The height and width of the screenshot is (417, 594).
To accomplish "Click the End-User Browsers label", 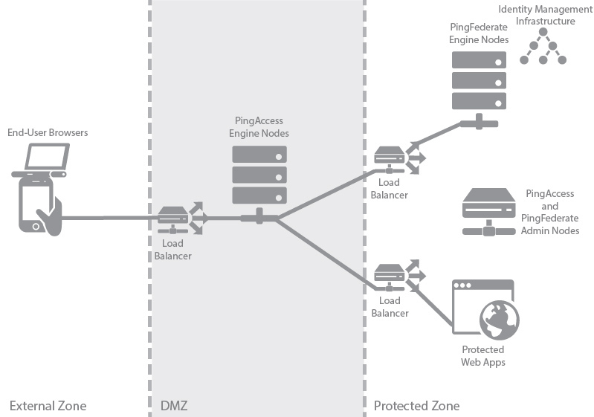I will click(x=48, y=133).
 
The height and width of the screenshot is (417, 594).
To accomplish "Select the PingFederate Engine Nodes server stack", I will click(x=479, y=81).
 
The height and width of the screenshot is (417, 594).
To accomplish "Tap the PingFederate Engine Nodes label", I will click(x=480, y=33).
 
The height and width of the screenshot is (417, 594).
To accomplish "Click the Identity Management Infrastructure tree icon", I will click(x=543, y=49).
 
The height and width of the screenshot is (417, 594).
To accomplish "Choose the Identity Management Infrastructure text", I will click(x=546, y=15).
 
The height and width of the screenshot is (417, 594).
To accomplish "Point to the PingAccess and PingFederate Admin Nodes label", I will click(x=550, y=212).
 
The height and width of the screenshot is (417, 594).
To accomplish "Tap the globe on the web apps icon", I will click(x=498, y=320).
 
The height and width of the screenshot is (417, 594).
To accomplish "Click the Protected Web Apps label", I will click(x=482, y=355).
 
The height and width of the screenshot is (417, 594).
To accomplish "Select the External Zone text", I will click(x=48, y=406).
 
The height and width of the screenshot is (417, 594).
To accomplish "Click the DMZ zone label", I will click(x=175, y=406).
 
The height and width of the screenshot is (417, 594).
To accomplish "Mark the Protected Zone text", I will click(x=416, y=406).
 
